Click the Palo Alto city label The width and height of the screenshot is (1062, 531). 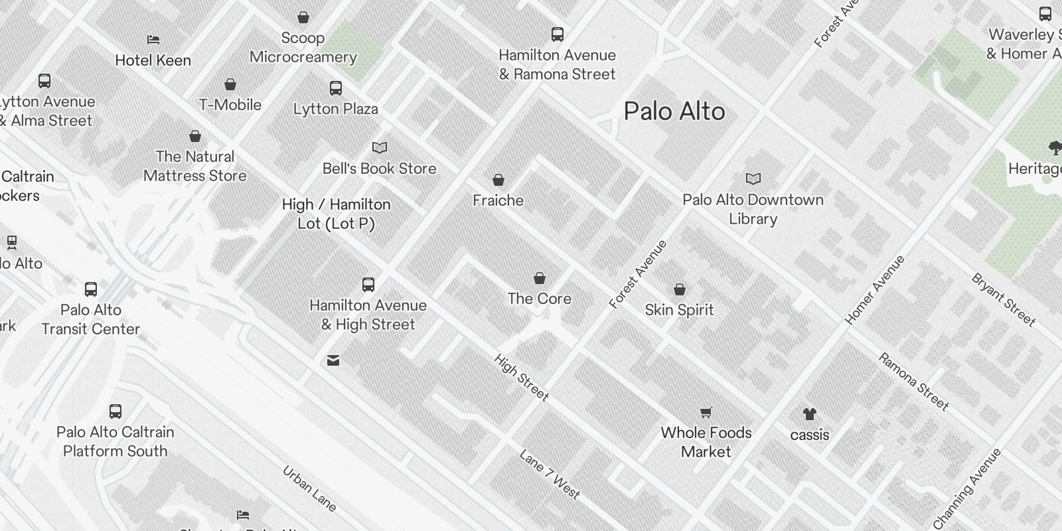click(x=674, y=112)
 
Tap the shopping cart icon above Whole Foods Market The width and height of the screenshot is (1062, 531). click(x=706, y=413)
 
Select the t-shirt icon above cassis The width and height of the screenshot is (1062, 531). click(x=809, y=415)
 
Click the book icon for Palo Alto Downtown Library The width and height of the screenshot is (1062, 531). click(x=753, y=179)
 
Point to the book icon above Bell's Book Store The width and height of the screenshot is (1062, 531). click(x=380, y=148)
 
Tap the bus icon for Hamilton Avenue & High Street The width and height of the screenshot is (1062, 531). click(x=368, y=285)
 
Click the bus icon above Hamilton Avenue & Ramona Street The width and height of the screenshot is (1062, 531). click(x=558, y=35)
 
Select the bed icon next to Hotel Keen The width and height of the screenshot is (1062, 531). click(x=153, y=40)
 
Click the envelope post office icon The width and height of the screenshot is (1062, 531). click(x=333, y=360)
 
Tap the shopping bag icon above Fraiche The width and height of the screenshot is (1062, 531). click(x=498, y=180)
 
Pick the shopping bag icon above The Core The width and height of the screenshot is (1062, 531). click(x=540, y=278)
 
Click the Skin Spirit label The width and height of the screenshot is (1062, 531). click(x=679, y=310)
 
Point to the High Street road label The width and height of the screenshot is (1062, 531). click(x=521, y=377)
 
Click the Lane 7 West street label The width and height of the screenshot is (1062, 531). click(x=550, y=474)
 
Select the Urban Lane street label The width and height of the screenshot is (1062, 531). click(x=309, y=489)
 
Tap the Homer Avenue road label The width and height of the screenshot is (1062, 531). click(x=875, y=289)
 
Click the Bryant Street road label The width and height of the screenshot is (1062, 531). click(x=1003, y=300)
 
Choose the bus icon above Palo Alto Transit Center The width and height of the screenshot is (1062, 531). click(x=91, y=289)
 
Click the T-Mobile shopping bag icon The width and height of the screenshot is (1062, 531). click(x=230, y=85)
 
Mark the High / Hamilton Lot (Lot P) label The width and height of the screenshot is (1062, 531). click(x=336, y=214)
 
